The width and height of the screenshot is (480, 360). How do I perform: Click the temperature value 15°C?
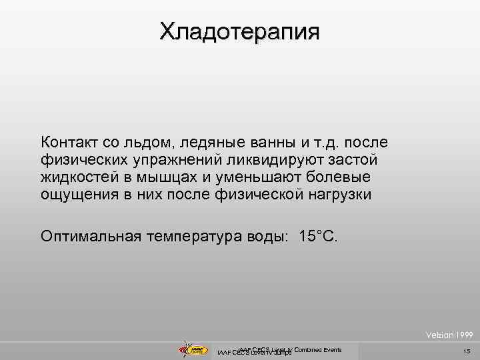pos(318,236)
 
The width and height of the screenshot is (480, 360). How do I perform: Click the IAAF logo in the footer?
pos(190,349)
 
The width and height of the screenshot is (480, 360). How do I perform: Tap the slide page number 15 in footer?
pos(466,351)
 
